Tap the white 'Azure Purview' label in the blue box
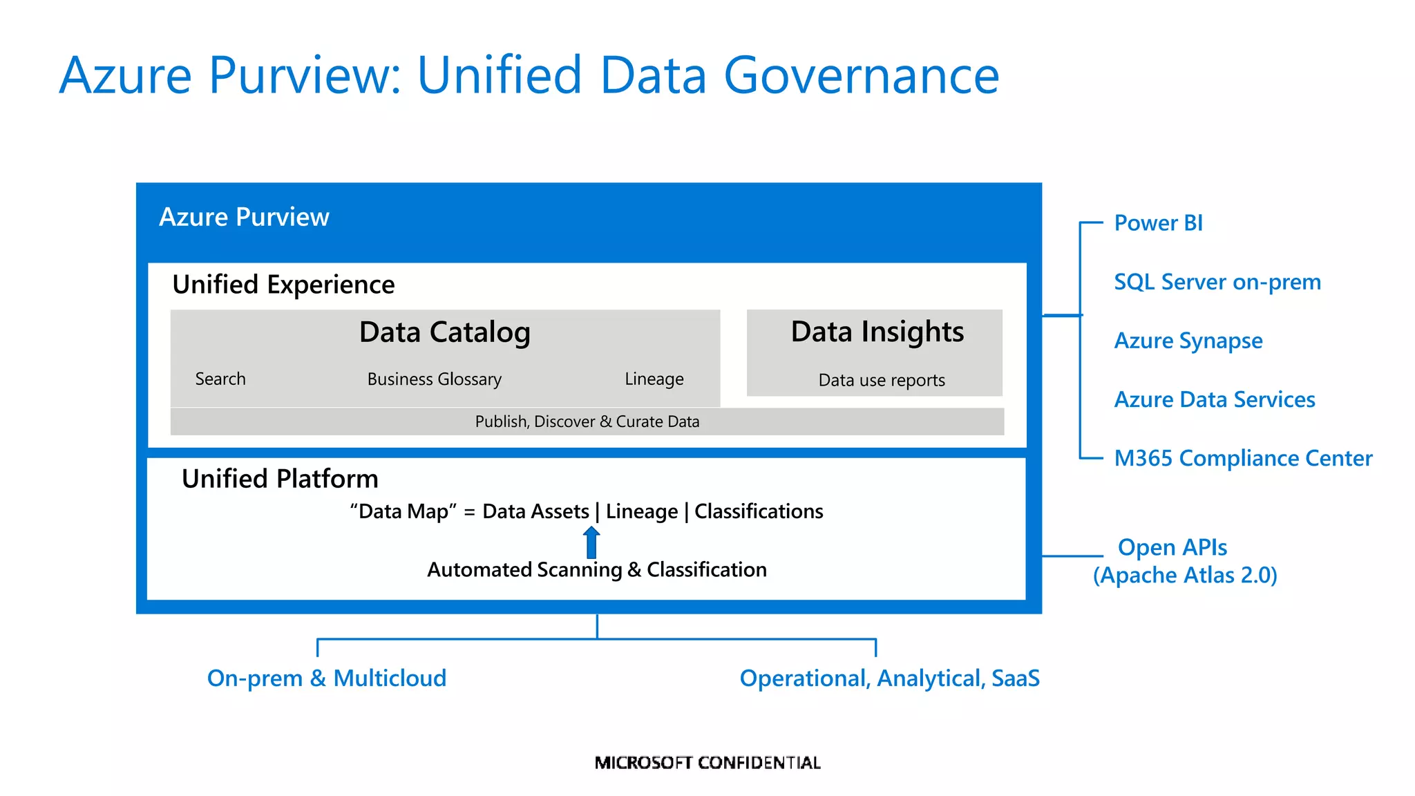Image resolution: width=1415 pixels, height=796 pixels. pyautogui.click(x=244, y=217)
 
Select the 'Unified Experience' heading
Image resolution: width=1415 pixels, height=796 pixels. pyautogui.click(x=283, y=285)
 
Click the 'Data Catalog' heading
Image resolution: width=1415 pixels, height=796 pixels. pyautogui.click(x=444, y=332)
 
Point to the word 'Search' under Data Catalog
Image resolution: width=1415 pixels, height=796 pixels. pyautogui.click(x=220, y=379)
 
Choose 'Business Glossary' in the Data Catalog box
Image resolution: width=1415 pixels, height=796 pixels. pyautogui.click(x=434, y=379)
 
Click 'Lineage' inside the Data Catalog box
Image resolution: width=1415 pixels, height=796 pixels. pyautogui.click(x=654, y=379)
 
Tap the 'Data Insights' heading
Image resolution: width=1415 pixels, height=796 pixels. pyautogui.click(x=877, y=332)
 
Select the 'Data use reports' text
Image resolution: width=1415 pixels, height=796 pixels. pyautogui.click(x=881, y=380)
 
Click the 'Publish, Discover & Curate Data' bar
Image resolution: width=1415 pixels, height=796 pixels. pyautogui.click(x=587, y=421)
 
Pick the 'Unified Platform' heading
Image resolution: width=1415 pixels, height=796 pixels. pyautogui.click(x=280, y=479)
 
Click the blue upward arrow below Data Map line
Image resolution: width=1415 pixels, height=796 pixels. pyautogui.click(x=591, y=542)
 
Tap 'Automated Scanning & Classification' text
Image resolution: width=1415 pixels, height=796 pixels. pyautogui.click(x=596, y=569)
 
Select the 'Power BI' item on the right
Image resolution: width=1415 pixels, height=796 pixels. pyautogui.click(x=1158, y=223)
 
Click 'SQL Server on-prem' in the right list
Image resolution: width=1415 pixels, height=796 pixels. pyautogui.click(x=1217, y=282)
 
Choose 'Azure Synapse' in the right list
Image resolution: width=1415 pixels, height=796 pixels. pyautogui.click(x=1188, y=341)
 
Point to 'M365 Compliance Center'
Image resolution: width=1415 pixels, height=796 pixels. pyautogui.click(x=1242, y=458)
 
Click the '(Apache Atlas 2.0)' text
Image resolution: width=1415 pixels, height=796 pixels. pyautogui.click(x=1184, y=575)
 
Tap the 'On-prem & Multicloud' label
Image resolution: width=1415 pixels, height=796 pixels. pyautogui.click(x=326, y=678)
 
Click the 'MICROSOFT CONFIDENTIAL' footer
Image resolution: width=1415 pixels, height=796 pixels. pyautogui.click(x=707, y=763)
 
